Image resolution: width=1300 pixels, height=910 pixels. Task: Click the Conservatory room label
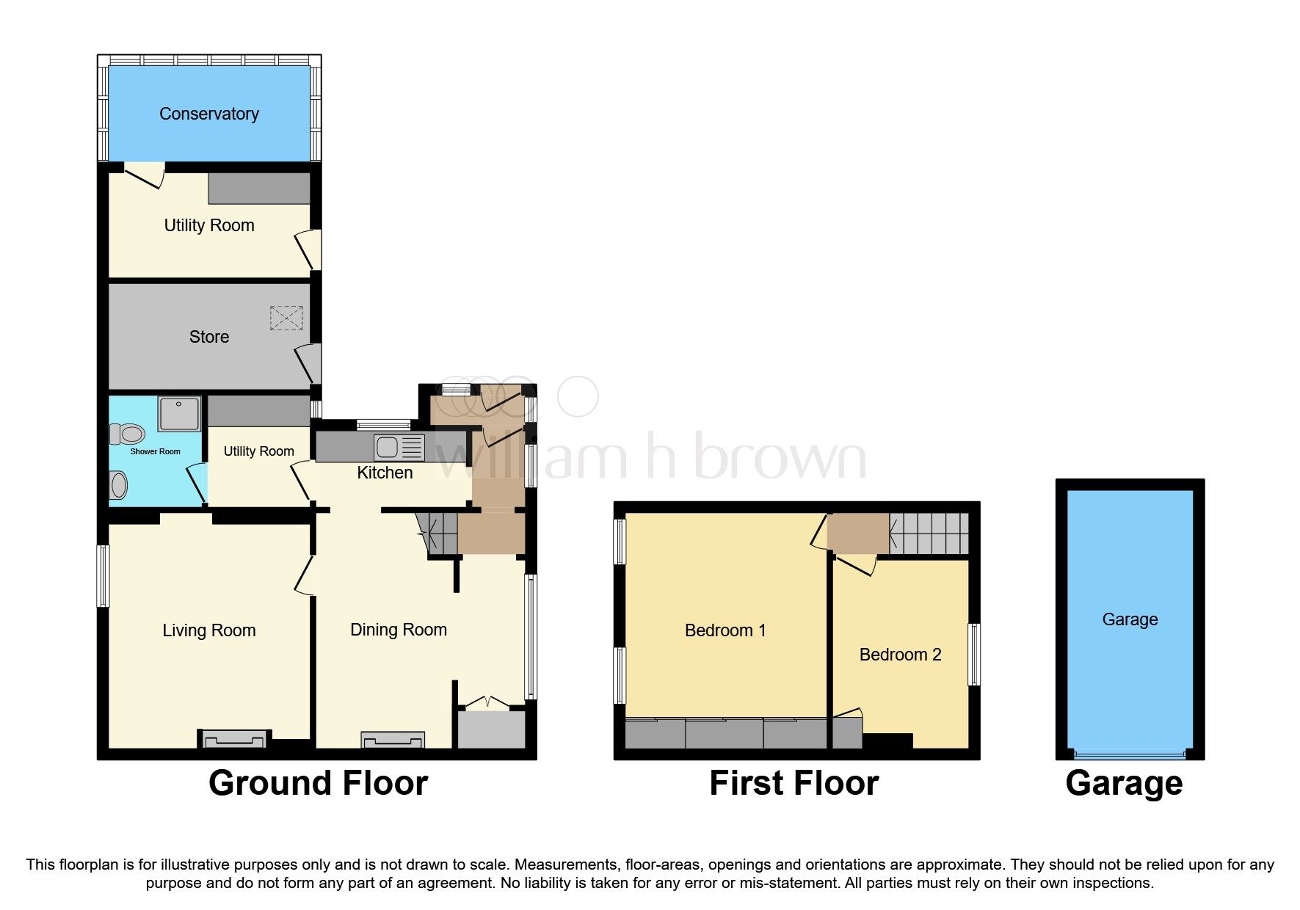[x=209, y=114]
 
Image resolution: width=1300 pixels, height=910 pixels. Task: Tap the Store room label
[x=209, y=337]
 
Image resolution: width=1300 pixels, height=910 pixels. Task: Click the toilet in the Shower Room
[x=126, y=434]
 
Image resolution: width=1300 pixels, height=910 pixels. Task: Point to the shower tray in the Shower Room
[x=179, y=414]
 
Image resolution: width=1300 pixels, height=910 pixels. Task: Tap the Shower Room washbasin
[x=118, y=484]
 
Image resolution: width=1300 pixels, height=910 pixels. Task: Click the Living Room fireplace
[x=235, y=738]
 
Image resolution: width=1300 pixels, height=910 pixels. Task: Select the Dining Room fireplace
[x=393, y=740]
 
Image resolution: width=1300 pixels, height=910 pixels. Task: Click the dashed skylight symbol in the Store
[x=286, y=318]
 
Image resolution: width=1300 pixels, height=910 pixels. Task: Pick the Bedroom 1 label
[x=725, y=630]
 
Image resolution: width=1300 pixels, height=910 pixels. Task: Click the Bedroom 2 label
[x=900, y=655]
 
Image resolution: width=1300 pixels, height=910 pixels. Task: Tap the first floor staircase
[x=929, y=534]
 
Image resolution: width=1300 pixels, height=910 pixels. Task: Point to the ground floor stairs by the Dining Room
[x=437, y=534]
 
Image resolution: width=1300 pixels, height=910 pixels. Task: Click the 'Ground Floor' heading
[x=319, y=783]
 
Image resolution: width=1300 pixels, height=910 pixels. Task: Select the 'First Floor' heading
[x=794, y=783]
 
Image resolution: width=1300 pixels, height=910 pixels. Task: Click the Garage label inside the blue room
[x=1130, y=619]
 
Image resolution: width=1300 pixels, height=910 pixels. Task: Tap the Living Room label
[x=209, y=630]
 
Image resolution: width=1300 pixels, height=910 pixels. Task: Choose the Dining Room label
[x=399, y=630]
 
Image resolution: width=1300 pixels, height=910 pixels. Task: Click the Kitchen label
[x=385, y=473]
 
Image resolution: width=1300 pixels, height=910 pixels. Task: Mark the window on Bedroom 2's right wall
[x=974, y=655]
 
